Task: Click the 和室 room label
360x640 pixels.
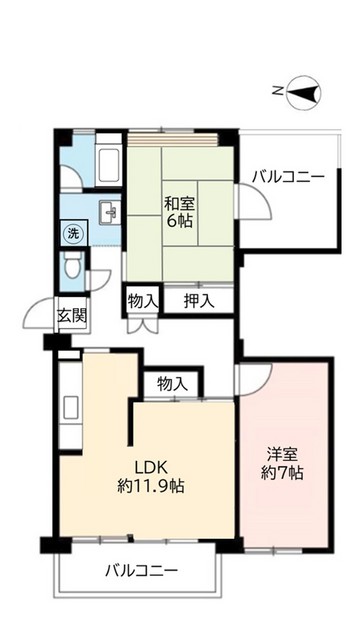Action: click(x=180, y=200)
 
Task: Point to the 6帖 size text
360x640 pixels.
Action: click(x=180, y=220)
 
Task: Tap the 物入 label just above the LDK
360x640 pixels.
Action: click(x=173, y=383)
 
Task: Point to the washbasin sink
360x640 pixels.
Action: click(x=108, y=210)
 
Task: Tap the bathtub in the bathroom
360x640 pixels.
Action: click(x=108, y=162)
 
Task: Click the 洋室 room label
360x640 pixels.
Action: click(x=283, y=452)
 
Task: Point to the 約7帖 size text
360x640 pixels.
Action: click(x=283, y=472)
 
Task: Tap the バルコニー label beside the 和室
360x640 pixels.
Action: click(x=289, y=176)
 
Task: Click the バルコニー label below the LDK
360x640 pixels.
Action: click(x=142, y=571)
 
